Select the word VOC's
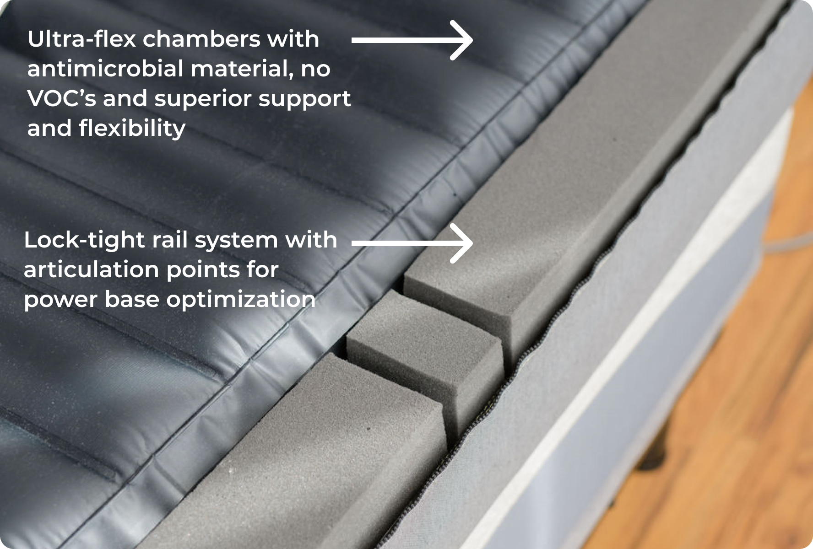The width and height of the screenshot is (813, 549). pyautogui.click(x=62, y=98)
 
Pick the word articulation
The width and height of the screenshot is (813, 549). pyautogui.click(x=91, y=269)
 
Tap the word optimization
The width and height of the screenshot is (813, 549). pyautogui.click(x=241, y=300)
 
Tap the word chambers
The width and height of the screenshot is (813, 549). pyautogui.click(x=202, y=39)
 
